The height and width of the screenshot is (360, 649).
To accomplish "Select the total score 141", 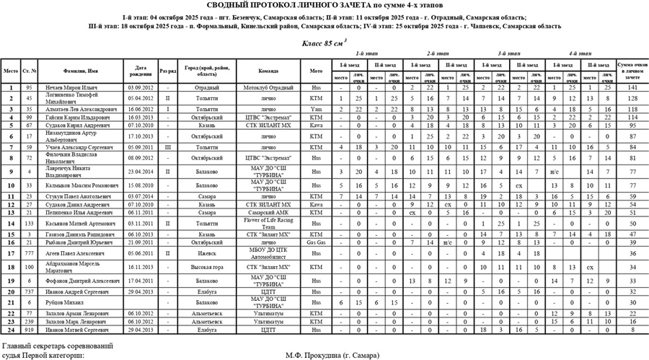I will tap(632, 87).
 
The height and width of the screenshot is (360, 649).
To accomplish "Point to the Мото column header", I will tap(316, 71).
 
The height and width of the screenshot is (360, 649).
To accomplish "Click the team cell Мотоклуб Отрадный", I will tap(266, 87).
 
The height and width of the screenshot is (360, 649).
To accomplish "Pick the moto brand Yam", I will tap(316, 107).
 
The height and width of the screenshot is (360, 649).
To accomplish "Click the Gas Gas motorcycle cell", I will tap(316, 243).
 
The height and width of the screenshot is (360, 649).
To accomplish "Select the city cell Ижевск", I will tap(207, 253).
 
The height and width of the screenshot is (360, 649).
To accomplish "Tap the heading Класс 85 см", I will tap(322, 43).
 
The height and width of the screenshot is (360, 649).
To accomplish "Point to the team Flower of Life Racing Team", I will tap(266, 224).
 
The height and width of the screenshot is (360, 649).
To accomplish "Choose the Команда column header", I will tap(266, 71).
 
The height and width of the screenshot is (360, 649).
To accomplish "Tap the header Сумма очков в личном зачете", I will tap(632, 71).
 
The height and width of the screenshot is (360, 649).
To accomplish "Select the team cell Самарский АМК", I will tap(266, 214).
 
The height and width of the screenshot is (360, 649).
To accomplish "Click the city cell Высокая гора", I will tap(207, 266).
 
